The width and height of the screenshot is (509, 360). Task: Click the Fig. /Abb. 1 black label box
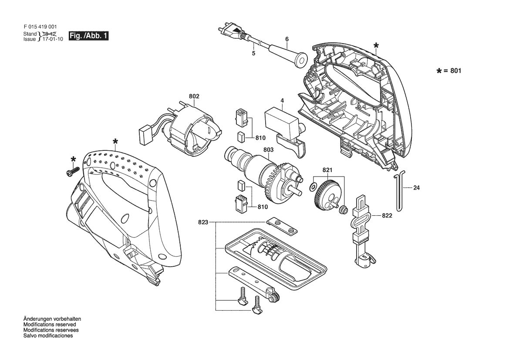89,36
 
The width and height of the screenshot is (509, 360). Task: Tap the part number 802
194,96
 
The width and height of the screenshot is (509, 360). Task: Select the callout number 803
269,150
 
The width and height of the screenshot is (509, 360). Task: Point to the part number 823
203,223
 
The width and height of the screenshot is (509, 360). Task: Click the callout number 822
387,215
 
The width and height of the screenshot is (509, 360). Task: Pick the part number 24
417,188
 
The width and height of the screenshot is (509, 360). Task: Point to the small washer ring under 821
313,187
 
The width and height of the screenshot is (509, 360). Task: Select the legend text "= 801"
452,71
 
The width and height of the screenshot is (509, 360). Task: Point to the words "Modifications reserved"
50,325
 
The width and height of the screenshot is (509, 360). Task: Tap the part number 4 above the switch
282,101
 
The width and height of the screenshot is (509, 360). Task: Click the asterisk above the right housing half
376,46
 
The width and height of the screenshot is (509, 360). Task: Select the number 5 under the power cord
253,53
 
